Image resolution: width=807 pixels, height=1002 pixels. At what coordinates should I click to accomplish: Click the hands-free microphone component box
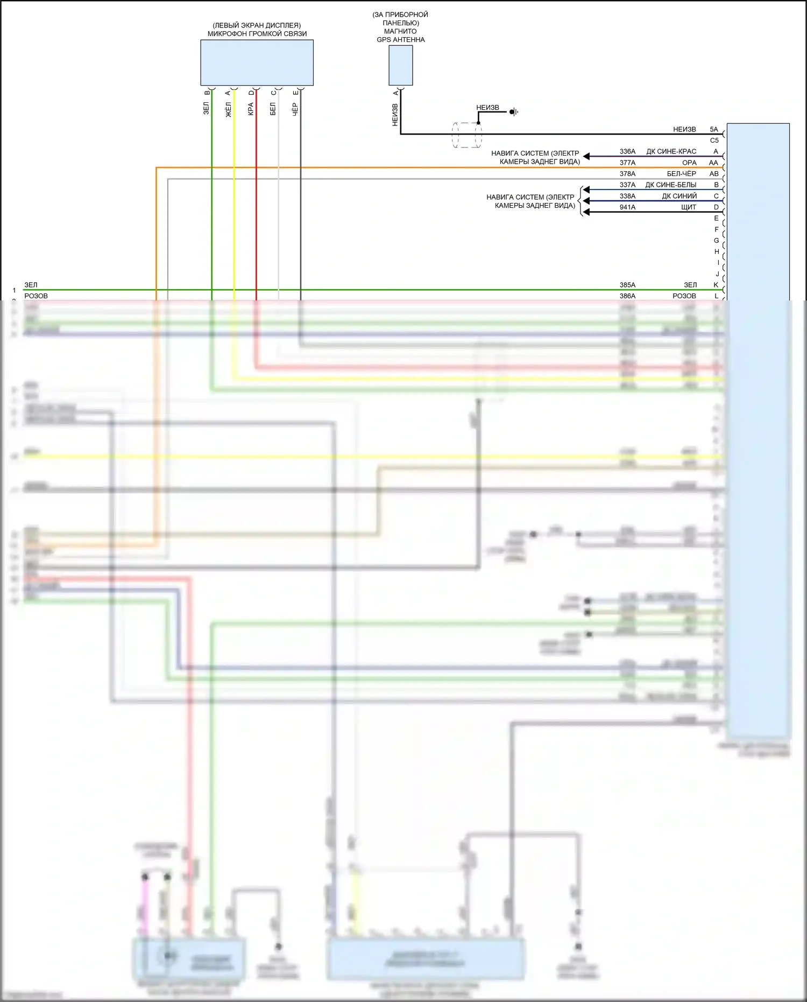257,62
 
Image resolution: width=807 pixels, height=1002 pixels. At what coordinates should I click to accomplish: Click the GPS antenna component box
401,65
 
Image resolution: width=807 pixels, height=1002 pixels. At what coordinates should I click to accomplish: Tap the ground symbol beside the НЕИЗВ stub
514,112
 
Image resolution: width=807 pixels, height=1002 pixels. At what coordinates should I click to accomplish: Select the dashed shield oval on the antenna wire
466,135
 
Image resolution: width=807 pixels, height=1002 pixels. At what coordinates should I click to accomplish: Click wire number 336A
627,152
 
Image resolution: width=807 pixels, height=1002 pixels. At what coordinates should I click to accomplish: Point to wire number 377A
627,163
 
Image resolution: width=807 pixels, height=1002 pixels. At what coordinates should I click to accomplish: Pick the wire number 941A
627,207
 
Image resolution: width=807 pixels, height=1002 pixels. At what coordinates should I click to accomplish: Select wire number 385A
627,285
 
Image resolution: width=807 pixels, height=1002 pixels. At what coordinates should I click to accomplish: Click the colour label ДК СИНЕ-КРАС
671,152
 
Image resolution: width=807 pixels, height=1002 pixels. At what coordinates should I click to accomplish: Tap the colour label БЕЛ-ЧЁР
681,174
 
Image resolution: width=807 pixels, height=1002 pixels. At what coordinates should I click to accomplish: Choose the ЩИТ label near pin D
688,207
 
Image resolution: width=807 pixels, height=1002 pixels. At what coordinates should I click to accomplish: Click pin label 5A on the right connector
714,129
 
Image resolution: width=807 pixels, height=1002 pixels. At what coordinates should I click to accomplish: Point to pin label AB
714,174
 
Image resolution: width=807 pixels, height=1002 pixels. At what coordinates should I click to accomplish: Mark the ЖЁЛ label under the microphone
228,109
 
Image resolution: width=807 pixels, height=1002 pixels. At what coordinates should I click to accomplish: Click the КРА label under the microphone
251,109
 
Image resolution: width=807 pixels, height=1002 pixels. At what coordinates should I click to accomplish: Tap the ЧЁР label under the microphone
295,109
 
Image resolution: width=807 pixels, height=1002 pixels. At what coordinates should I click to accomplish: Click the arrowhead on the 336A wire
586,157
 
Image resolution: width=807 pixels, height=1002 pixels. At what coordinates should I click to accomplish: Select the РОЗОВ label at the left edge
36,296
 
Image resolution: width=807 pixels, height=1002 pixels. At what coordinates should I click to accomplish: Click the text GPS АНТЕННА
401,40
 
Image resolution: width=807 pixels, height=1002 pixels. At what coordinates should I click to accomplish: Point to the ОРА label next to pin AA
689,163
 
